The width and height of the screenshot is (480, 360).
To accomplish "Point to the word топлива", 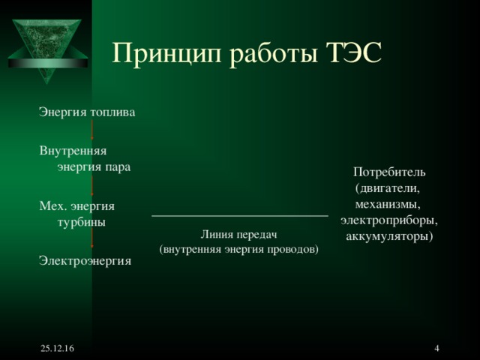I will [112, 112].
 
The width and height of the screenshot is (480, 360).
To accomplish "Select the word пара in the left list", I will [119, 166].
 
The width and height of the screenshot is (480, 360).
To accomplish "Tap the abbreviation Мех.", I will [52, 205].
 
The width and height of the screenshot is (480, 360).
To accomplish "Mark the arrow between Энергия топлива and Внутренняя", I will [92, 131].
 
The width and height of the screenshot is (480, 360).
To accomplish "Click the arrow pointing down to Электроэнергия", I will [92, 241].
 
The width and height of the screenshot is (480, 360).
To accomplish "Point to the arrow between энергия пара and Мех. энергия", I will [92, 186].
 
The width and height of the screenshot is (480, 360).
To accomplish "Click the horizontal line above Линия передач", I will [240, 216].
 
